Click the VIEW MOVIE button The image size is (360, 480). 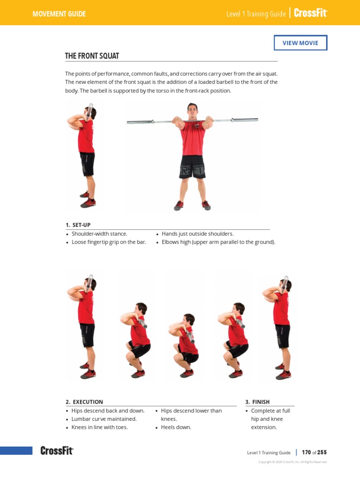point(300,43)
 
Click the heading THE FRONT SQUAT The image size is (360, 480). point(92,56)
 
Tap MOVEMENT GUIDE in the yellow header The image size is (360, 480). point(59,14)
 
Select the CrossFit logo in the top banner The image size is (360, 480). point(310,13)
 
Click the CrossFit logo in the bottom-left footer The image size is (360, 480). point(57,451)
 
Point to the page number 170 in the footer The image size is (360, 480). point(307,452)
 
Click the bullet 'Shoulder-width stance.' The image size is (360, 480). point(99,233)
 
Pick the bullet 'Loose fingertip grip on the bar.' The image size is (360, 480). point(108,242)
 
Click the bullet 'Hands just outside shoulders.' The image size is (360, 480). point(197,233)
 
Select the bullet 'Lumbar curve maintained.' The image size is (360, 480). point(104,419)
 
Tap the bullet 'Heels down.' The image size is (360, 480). point(176,427)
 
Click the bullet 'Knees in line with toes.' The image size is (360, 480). point(99,427)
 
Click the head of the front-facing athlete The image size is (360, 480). point(192,110)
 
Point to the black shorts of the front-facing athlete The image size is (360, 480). point(192,166)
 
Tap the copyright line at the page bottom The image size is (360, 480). point(292,462)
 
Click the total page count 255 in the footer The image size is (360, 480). point(322,452)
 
